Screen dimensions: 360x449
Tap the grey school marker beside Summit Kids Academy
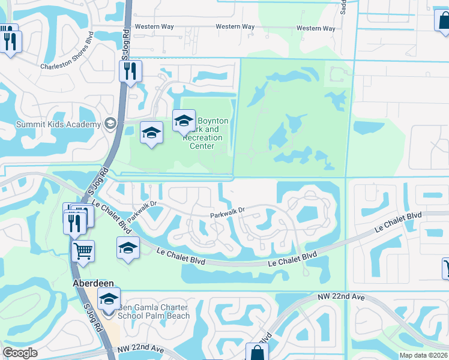click(110, 124)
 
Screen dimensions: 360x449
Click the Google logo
click(20, 353)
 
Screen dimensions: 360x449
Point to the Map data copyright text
click(423, 355)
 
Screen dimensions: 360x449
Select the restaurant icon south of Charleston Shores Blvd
click(130, 71)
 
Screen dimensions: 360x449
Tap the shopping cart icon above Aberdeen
click(83, 251)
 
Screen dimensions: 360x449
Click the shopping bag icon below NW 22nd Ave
click(257, 353)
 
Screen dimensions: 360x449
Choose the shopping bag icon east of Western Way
click(443, 20)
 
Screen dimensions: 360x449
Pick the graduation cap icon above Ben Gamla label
click(109, 299)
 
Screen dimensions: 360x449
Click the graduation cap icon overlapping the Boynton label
click(184, 121)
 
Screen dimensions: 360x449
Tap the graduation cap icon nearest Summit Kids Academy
click(152, 132)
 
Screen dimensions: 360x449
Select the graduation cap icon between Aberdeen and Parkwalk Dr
click(128, 247)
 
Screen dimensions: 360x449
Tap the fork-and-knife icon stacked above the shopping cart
click(75, 222)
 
